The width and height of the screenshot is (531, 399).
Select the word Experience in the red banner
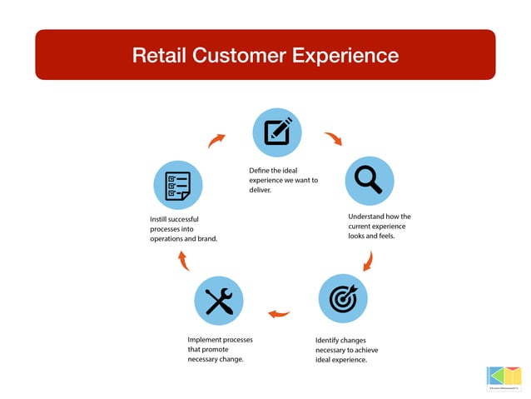point(343,56)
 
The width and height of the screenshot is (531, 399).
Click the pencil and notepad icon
point(277,132)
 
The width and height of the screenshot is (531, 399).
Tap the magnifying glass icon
point(369,180)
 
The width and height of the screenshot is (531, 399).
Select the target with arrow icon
point(343,298)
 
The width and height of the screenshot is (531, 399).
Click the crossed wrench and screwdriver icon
point(218,300)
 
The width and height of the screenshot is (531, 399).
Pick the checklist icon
point(178,184)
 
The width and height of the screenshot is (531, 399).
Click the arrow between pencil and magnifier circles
point(333,138)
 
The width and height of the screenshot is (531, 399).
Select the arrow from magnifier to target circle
point(367,262)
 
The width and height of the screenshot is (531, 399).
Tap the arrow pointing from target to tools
point(279,314)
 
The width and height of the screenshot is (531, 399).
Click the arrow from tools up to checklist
point(184,262)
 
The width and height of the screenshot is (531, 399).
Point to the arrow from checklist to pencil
point(216,140)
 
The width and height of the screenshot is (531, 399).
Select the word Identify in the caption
point(329,340)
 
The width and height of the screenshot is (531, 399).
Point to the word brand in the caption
point(206,239)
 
